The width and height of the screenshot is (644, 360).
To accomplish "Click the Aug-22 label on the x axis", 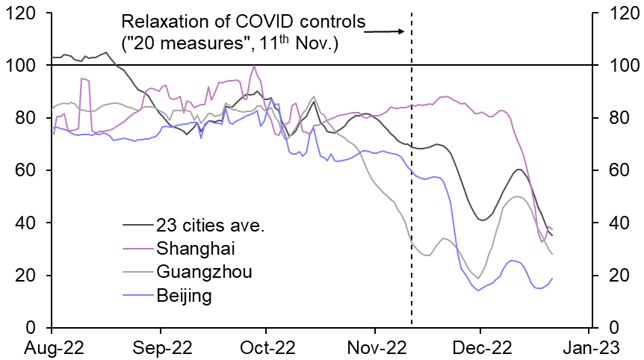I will point(52,347).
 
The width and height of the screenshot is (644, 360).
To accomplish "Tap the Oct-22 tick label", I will point(266,347).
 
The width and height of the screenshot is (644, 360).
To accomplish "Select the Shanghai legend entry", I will point(188,247).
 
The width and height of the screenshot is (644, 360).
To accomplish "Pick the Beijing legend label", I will point(184,296).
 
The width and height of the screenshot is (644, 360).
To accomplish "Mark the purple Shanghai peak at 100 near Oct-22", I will point(255,66).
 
